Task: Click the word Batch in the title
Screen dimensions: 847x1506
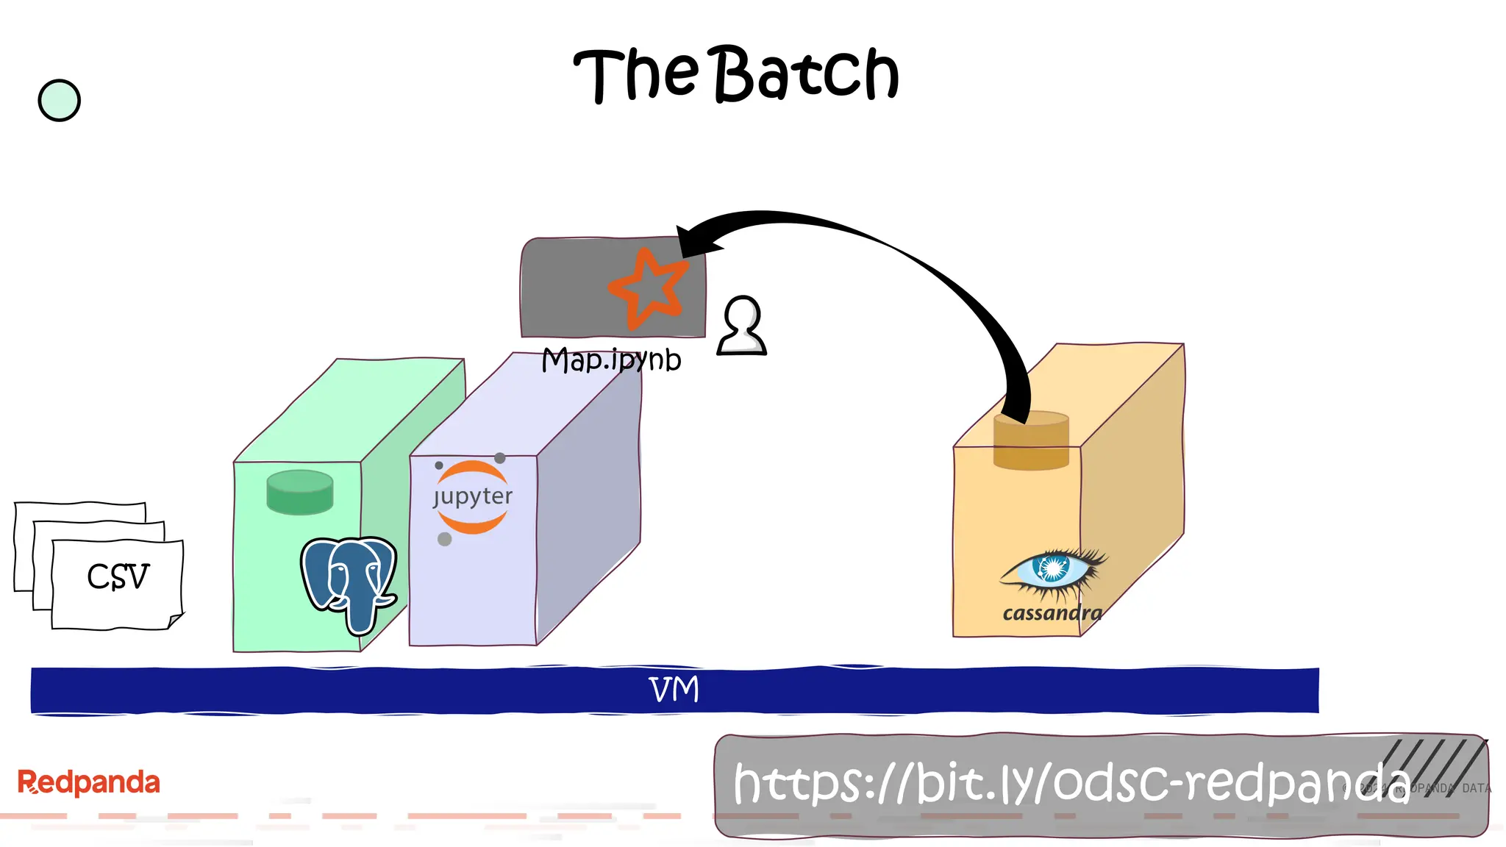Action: click(x=807, y=74)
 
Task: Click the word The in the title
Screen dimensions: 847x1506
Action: click(x=635, y=75)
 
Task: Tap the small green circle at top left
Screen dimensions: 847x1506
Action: click(x=59, y=100)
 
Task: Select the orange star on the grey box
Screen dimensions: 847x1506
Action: click(x=647, y=288)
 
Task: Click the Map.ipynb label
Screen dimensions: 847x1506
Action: click(x=611, y=360)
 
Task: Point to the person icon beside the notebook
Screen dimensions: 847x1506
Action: click(x=742, y=326)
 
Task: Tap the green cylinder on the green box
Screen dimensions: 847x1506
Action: click(x=299, y=491)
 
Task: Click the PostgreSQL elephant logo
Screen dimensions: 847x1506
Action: click(x=349, y=581)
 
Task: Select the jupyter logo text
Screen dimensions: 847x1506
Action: click(x=473, y=497)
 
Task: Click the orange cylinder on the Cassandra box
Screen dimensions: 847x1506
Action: click(x=1031, y=441)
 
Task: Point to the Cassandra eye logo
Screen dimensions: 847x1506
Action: click(x=1054, y=570)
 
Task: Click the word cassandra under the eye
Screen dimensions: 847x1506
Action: click(x=1052, y=613)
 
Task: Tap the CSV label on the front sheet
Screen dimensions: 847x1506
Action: click(x=118, y=576)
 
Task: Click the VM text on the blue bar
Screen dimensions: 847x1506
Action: click(x=674, y=690)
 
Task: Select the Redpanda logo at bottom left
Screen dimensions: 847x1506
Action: click(x=88, y=782)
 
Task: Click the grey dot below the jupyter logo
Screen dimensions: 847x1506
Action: click(x=444, y=539)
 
